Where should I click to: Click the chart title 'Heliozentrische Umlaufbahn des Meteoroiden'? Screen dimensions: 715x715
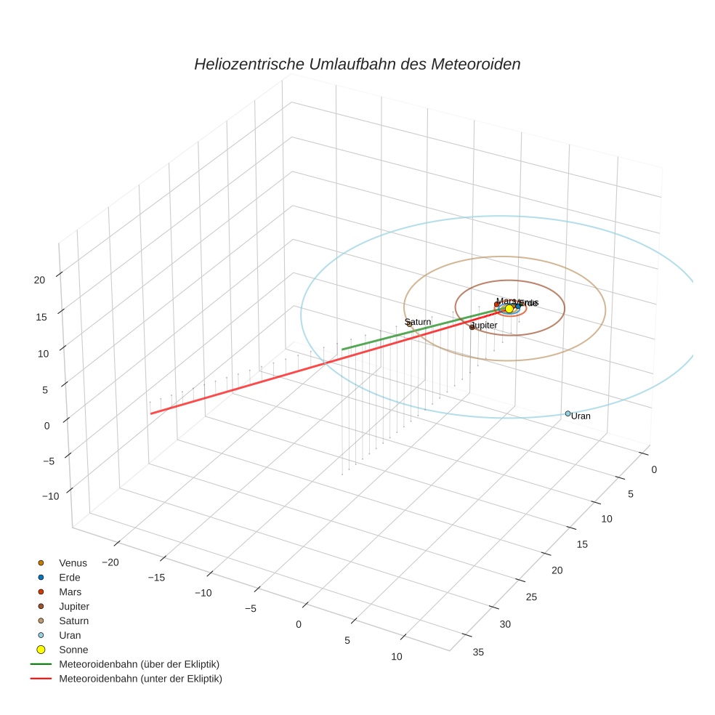tap(357, 64)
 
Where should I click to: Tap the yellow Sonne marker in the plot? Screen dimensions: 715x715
tap(509, 309)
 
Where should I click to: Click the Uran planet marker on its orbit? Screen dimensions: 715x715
tap(567, 413)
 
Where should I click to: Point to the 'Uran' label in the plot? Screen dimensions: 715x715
tap(581, 416)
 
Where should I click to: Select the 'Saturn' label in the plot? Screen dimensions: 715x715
tap(419, 321)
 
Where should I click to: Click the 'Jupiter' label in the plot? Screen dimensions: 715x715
tap(485, 326)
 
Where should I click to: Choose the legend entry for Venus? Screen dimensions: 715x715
tap(73, 562)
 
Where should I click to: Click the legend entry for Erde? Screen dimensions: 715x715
tap(70, 577)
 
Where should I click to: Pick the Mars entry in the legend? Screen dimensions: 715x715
tap(70, 591)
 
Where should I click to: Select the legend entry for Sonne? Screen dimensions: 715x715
tap(73, 650)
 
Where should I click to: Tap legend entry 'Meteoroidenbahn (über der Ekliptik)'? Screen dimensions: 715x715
tap(139, 664)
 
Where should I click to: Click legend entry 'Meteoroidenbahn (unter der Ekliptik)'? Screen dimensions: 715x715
tap(140, 679)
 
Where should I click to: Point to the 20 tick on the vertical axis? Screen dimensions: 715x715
tap(40, 279)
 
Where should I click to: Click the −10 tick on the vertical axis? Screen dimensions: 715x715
tap(51, 496)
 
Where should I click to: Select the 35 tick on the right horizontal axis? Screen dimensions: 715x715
tap(478, 652)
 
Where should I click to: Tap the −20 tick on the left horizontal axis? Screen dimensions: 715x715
tap(110, 562)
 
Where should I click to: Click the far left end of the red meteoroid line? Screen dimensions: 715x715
tap(151, 413)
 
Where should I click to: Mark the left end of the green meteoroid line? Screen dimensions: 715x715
tap(342, 350)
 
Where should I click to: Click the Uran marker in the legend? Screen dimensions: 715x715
tap(41, 635)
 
